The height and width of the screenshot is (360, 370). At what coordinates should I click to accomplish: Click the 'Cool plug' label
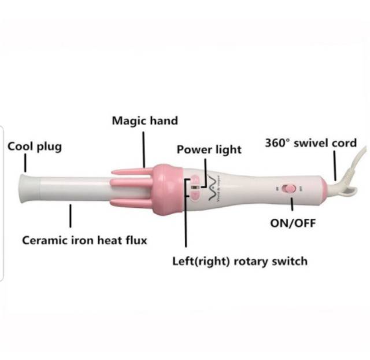pos(34,146)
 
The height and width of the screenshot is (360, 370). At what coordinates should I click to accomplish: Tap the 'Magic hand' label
pos(145,121)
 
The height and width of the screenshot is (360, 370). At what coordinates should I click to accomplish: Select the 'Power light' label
pos(209,149)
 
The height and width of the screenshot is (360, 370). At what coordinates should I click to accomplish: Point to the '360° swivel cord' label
pos(310,142)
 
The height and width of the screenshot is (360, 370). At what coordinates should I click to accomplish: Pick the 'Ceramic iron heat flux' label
pos(84,240)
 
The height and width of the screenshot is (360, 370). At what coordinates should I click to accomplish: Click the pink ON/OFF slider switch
pos(291,188)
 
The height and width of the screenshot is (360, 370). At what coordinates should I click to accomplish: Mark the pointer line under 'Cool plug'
pos(25,164)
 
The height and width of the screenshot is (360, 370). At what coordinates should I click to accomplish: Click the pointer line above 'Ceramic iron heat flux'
pos(71,218)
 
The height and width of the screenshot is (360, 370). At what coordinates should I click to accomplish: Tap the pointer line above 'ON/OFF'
pos(293,204)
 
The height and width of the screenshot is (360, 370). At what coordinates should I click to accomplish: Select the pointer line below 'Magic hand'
pos(145,148)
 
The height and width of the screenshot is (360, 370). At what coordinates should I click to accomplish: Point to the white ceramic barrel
pos(75,189)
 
